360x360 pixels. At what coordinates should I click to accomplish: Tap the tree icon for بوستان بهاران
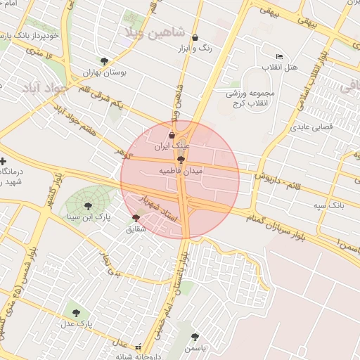[105, 61]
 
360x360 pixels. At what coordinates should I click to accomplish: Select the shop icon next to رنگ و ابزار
[195, 38]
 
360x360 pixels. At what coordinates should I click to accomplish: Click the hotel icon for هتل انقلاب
[279, 57]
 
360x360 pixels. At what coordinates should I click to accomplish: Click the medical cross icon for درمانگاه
[4, 162]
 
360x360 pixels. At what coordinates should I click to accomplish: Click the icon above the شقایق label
[136, 218]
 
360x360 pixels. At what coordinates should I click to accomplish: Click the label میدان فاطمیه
[181, 171]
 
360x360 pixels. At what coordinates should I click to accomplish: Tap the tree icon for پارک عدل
[76, 313]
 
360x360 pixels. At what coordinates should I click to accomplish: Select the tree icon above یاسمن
[195, 337]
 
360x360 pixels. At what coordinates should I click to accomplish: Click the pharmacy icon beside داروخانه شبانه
[139, 347]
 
